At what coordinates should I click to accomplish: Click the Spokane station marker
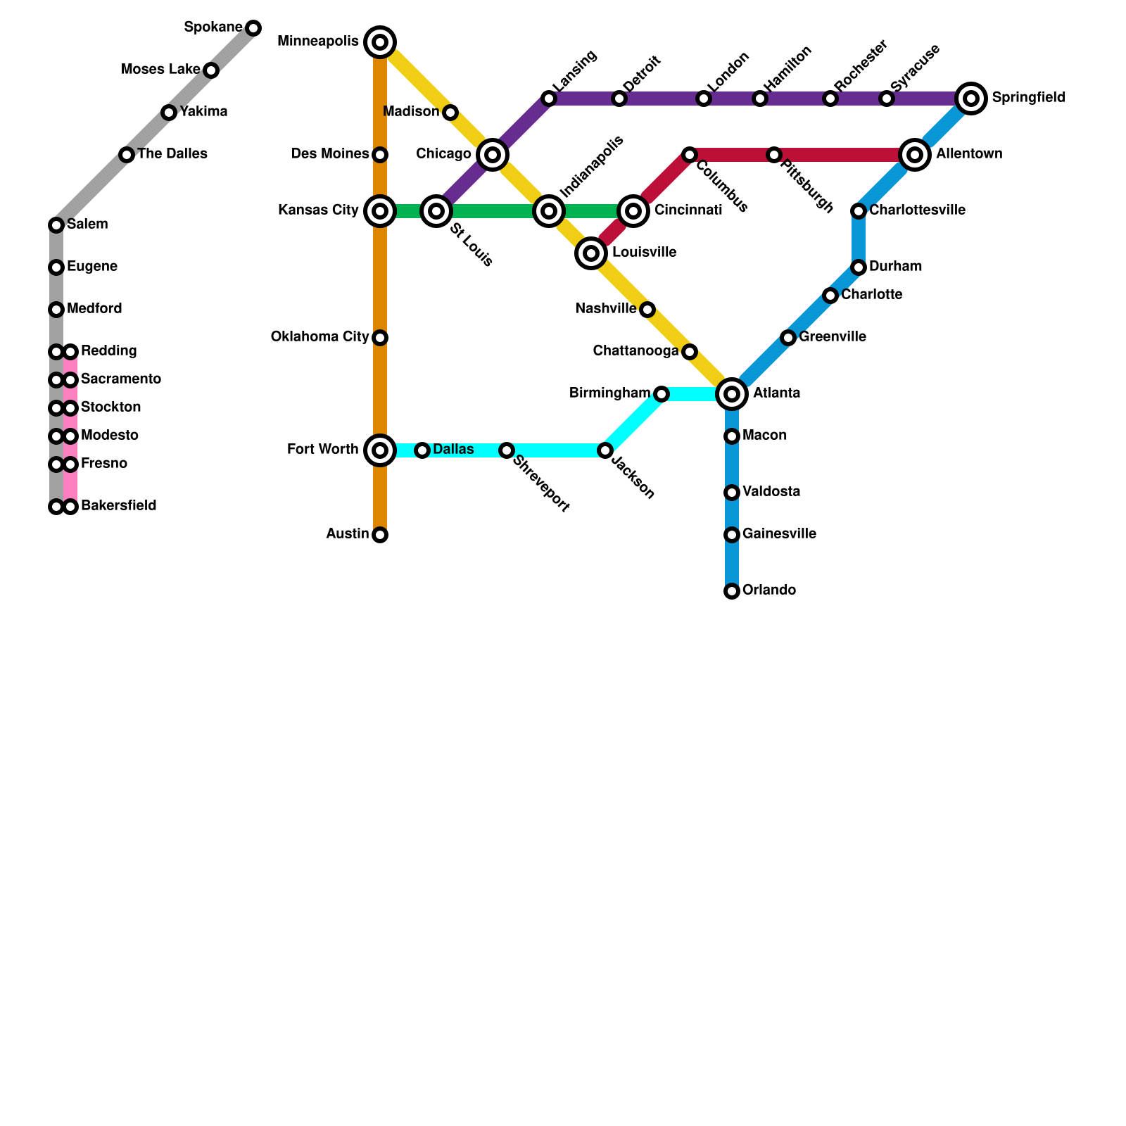coord(253,28)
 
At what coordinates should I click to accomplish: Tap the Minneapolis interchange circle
coord(380,42)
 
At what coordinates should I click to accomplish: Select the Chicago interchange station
coord(493,155)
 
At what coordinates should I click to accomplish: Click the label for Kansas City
coord(318,210)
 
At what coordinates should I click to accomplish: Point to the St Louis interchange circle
coord(436,211)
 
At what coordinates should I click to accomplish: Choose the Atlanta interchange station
coord(732,394)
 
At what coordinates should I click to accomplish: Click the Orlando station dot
coord(732,591)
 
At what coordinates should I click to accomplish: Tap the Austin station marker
coord(380,535)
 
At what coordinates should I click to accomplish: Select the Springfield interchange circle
coord(971,99)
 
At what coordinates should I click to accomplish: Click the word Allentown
coord(969,154)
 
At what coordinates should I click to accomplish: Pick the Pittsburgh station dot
coord(774,155)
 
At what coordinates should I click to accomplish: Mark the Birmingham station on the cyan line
coord(662,394)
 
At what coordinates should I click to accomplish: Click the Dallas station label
coord(453,450)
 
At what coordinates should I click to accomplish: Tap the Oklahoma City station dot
coord(380,338)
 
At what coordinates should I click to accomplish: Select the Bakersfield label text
coord(118,506)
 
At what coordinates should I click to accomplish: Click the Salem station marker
coord(56,225)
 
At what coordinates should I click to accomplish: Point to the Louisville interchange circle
coord(591,253)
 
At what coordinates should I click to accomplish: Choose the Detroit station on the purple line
coord(619,99)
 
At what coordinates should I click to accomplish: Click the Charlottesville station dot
coord(859,211)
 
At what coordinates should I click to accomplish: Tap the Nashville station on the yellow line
coord(647,310)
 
